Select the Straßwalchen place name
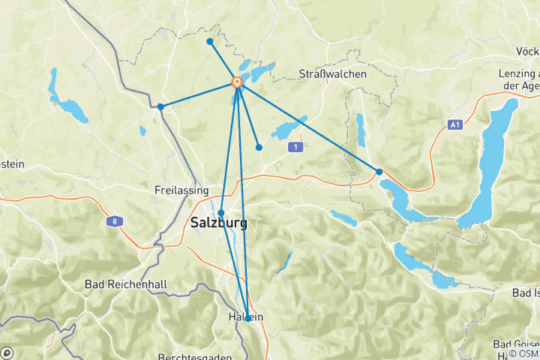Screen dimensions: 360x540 (x=332, y=74)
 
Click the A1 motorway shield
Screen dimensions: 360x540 (x=454, y=124)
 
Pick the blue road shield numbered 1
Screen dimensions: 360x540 (x=297, y=148)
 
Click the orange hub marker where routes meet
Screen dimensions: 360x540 (x=237, y=82)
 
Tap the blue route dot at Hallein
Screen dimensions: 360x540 (x=248, y=319)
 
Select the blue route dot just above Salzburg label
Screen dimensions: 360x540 (x=221, y=212)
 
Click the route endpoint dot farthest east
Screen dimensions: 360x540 (x=379, y=172)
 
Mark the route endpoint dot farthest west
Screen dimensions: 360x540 (x=160, y=106)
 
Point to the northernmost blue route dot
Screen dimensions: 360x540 (x=209, y=40)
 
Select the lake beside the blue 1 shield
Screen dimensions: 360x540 (x=289, y=129)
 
